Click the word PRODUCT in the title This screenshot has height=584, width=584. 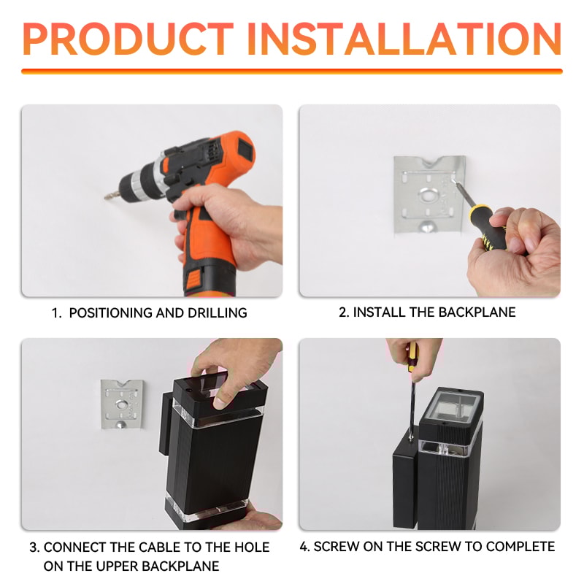pos(128,39)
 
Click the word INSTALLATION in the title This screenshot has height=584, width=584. pos(404,39)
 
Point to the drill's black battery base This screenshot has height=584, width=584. pos(210,280)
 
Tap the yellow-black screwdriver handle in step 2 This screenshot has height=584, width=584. pos(488,228)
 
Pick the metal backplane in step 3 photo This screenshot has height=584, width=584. pos(122,404)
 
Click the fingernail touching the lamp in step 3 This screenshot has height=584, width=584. pos(220,403)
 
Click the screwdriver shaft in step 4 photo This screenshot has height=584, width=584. pos(412,409)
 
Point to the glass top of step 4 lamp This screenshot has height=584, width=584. pos(450,409)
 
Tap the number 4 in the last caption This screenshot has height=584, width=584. pos(304,546)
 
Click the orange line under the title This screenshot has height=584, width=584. pos(292,71)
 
